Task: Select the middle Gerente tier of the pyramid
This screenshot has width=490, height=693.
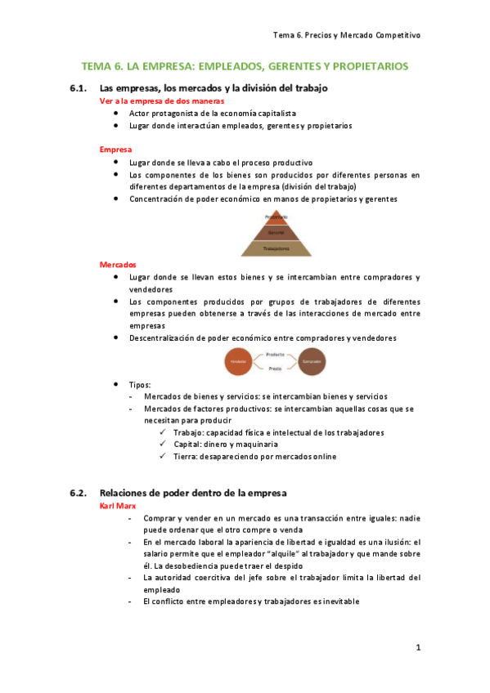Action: pos(276,232)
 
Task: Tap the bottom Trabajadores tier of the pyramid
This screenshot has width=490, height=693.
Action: pos(276,247)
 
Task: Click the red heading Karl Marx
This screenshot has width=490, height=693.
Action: pos(117,507)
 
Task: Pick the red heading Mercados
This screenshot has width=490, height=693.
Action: pos(118,265)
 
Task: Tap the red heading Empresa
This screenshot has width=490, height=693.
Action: pos(116,150)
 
